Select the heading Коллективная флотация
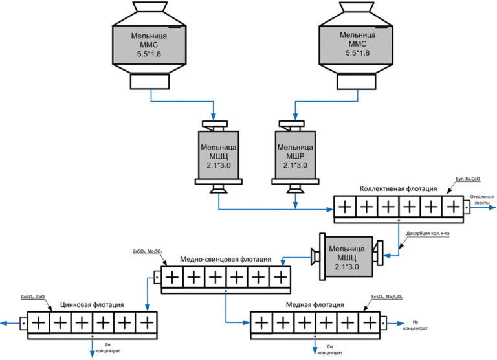point(398,189)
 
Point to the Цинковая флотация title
point(91,304)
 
